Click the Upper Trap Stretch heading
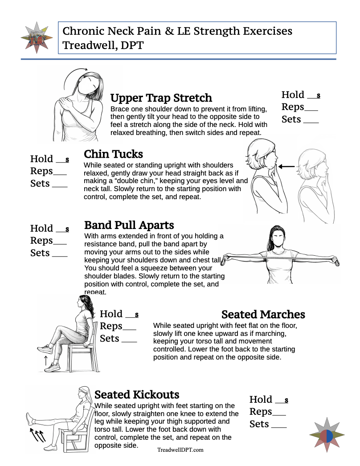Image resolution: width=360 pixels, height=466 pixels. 161,98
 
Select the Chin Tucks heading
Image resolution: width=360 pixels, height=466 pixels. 113,154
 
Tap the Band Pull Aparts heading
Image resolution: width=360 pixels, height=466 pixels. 129,225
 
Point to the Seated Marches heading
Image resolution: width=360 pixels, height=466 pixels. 263,314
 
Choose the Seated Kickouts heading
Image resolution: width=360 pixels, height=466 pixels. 137,394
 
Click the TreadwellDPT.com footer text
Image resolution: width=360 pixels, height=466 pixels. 180,450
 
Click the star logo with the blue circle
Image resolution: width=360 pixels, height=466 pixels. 327,436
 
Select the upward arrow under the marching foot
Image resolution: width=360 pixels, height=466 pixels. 45,360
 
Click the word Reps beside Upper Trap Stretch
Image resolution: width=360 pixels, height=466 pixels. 293,107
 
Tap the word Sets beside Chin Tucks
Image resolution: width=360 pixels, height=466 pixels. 40,183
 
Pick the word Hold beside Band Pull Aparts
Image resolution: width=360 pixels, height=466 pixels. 41,228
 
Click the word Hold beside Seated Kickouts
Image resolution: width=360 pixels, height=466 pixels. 261,399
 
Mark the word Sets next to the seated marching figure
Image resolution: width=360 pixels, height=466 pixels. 110,338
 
